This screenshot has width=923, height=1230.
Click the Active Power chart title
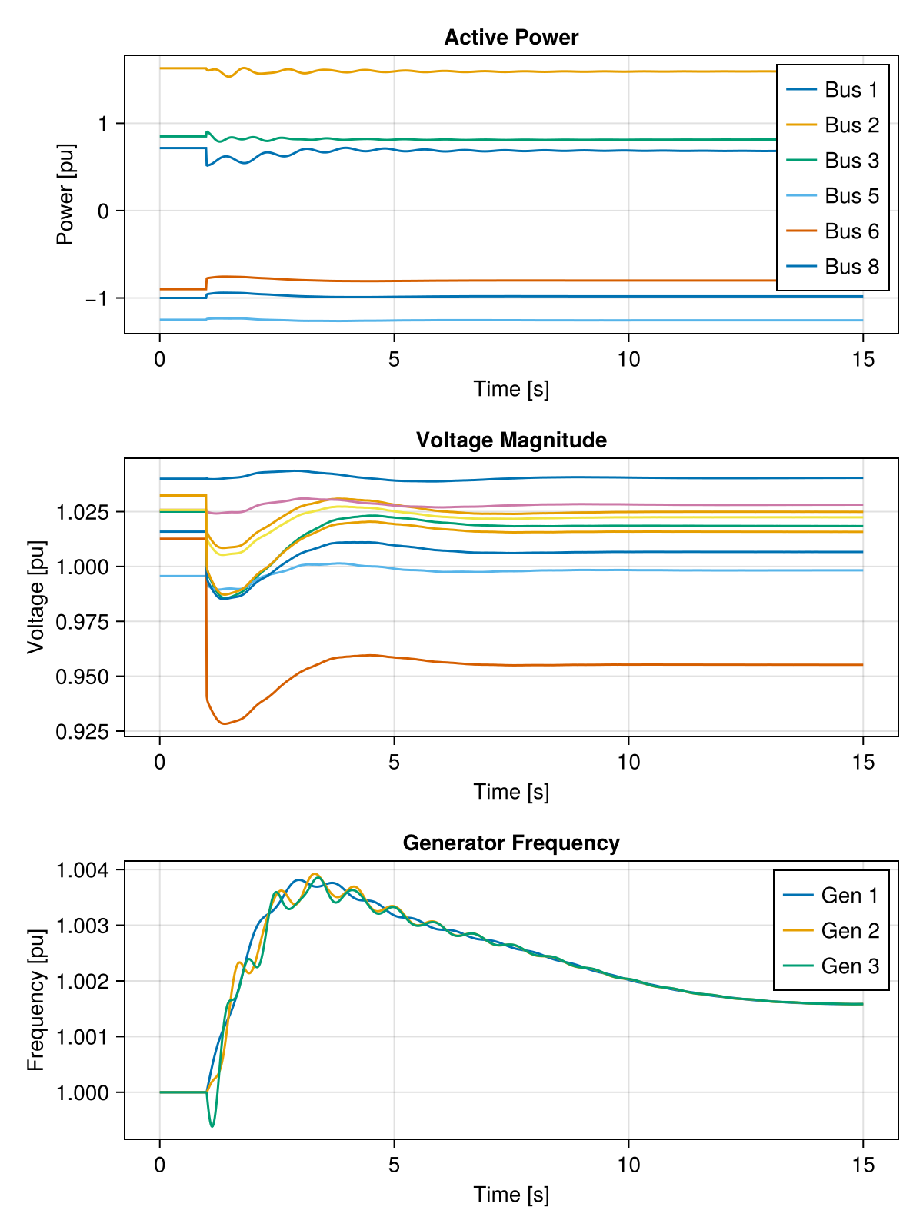[x=511, y=38]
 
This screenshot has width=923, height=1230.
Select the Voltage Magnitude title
[x=511, y=440]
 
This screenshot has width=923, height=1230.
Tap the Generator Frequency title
[x=511, y=843]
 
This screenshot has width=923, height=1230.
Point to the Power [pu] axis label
[x=66, y=194]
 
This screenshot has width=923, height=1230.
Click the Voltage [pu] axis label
[x=35, y=597]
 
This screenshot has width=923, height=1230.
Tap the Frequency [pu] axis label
[x=35, y=999]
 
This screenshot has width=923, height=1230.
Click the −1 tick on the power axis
[x=98, y=298]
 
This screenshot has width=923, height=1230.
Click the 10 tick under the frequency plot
[x=628, y=1165]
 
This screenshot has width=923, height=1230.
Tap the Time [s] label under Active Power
[x=511, y=389]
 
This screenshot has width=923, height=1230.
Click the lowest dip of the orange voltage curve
[x=224, y=723]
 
